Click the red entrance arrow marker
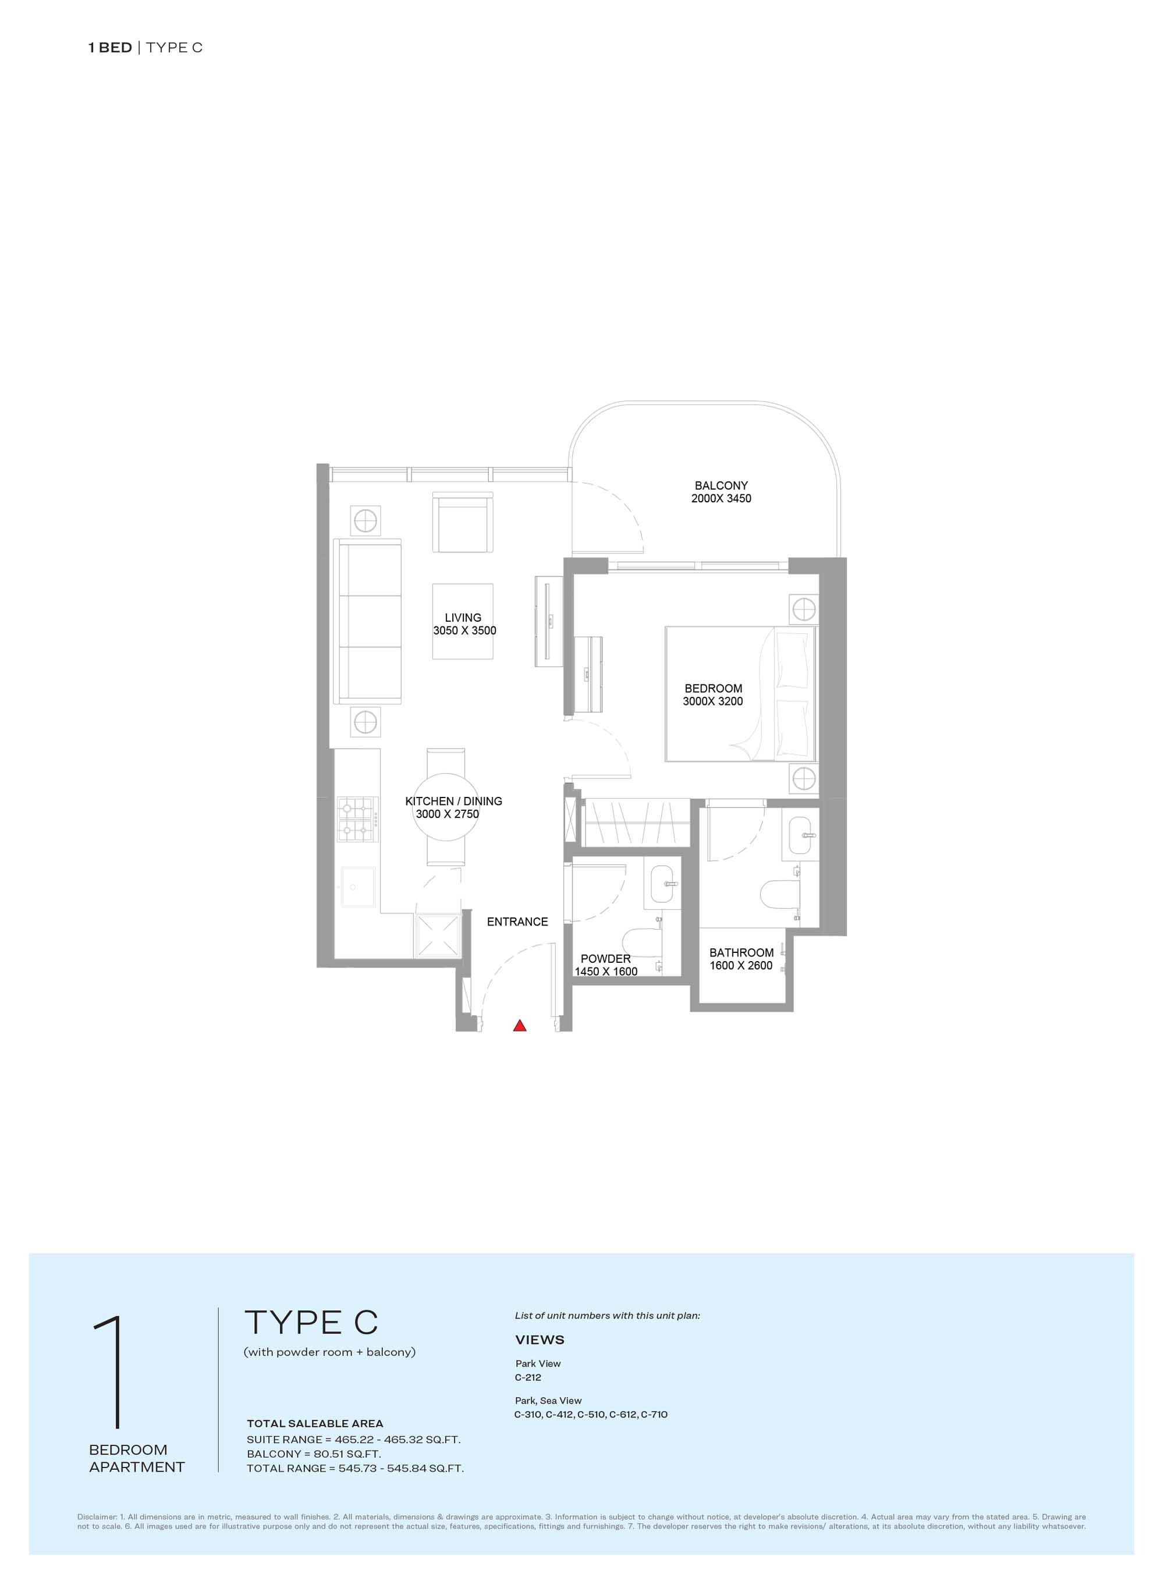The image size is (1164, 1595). coord(520,1026)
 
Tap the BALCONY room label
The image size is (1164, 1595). coord(721,485)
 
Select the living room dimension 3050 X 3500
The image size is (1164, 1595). coord(464,631)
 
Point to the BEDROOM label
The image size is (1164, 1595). coord(713,689)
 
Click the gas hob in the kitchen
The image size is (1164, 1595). coord(358,819)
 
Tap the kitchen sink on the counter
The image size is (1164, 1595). coord(358,887)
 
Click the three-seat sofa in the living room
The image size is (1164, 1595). coord(367,621)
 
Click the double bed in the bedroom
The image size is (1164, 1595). coord(740,693)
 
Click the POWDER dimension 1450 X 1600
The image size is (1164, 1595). coord(606,971)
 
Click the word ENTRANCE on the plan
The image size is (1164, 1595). coord(517,922)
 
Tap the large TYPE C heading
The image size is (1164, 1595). coord(311,1323)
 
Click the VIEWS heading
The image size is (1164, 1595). coord(540,1340)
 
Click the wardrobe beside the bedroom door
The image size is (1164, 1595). coord(636,823)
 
